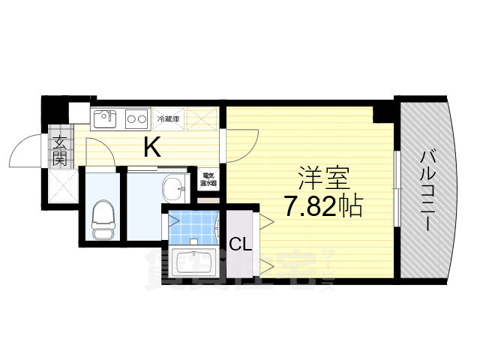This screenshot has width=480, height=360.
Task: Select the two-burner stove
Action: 136,118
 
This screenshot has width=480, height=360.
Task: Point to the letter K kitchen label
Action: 152,148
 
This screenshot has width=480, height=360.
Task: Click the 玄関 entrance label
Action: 59,149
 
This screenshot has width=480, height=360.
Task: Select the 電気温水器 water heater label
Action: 208,181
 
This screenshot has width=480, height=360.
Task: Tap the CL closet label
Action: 239,243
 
